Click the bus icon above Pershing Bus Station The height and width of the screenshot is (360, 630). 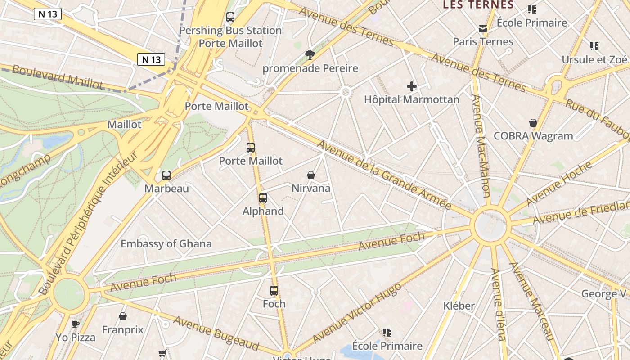(x=230, y=17)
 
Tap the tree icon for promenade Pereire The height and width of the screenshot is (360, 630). (x=310, y=55)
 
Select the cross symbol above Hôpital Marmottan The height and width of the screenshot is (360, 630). (x=412, y=86)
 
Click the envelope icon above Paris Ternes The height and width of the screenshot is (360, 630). (x=483, y=29)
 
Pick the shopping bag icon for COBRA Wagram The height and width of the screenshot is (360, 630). (x=533, y=123)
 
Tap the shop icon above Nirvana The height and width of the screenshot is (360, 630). (x=310, y=175)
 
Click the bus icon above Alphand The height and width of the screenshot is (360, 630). (x=263, y=198)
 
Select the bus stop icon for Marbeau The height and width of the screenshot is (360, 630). (x=166, y=175)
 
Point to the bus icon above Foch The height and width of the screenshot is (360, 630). (x=274, y=291)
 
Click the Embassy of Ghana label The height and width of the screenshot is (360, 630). (x=166, y=244)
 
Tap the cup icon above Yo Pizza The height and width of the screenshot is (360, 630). (x=76, y=324)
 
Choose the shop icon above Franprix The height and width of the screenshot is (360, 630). (x=122, y=317)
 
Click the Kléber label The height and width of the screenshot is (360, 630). (x=459, y=306)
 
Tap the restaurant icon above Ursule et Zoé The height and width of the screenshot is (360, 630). (x=594, y=46)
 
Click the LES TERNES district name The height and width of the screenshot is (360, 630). (x=478, y=5)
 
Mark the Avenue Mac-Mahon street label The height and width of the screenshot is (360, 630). (x=480, y=146)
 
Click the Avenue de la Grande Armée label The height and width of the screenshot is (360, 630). (x=384, y=175)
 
